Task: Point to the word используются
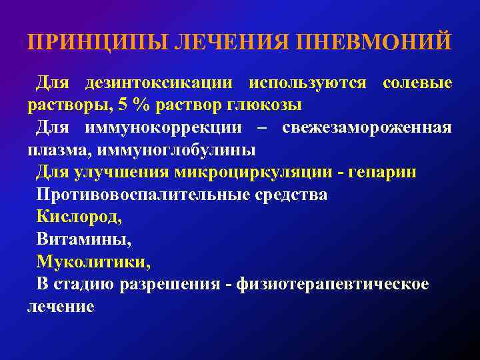point(307,83)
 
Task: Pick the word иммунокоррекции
point(176,127)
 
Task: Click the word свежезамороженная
point(376,127)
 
